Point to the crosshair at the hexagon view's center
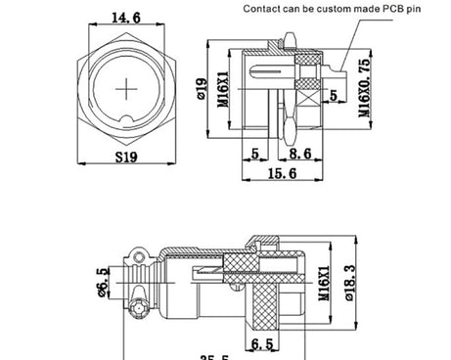point(128,89)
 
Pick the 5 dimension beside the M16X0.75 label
point(333,96)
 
